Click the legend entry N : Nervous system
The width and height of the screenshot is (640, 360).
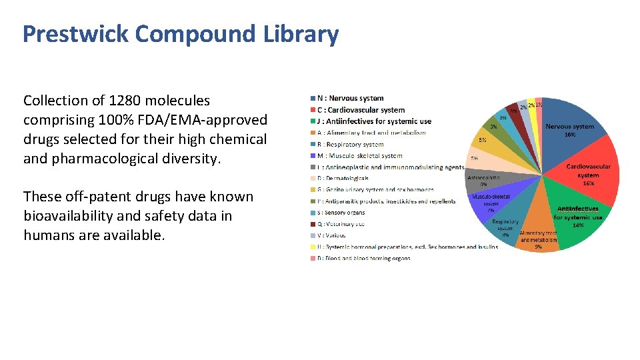[x=350, y=99]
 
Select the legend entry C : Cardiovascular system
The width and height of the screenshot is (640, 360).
[x=361, y=110]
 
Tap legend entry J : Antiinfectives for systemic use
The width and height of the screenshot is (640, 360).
[x=374, y=121]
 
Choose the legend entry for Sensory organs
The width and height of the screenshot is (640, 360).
[x=341, y=213]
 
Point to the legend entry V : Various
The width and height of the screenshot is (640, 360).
[x=331, y=235]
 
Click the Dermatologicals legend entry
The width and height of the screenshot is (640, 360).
[x=343, y=178]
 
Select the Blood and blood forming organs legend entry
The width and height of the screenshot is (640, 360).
[x=363, y=258]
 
